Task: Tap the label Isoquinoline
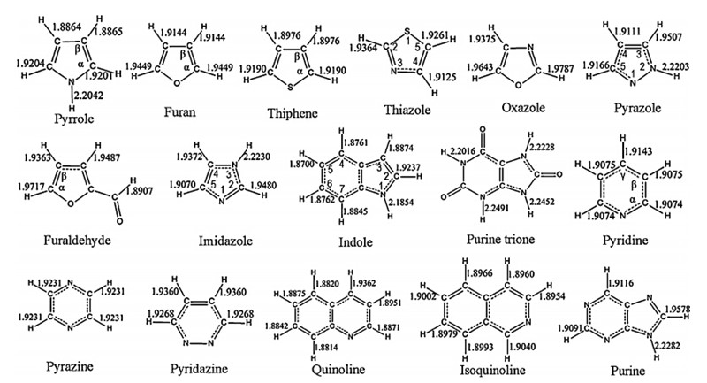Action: (479, 371)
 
